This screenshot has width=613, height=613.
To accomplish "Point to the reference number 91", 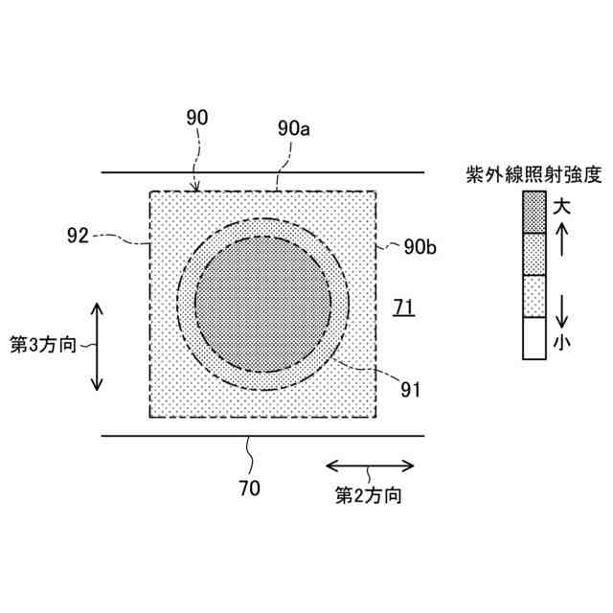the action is coord(409,389).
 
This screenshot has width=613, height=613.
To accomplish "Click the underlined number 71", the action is coord(404,306).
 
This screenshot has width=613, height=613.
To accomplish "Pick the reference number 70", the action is coord(247,488).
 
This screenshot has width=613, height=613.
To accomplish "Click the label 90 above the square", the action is coord(195,118).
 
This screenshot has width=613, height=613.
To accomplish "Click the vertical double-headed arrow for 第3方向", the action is coord(97,346).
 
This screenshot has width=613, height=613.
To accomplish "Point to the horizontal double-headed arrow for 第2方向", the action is coord(370,465).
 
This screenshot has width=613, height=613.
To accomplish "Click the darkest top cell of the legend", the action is coord(534,212).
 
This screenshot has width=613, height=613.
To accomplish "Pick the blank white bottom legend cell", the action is coord(534,338).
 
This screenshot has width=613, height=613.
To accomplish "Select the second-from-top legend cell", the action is coord(534,254).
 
